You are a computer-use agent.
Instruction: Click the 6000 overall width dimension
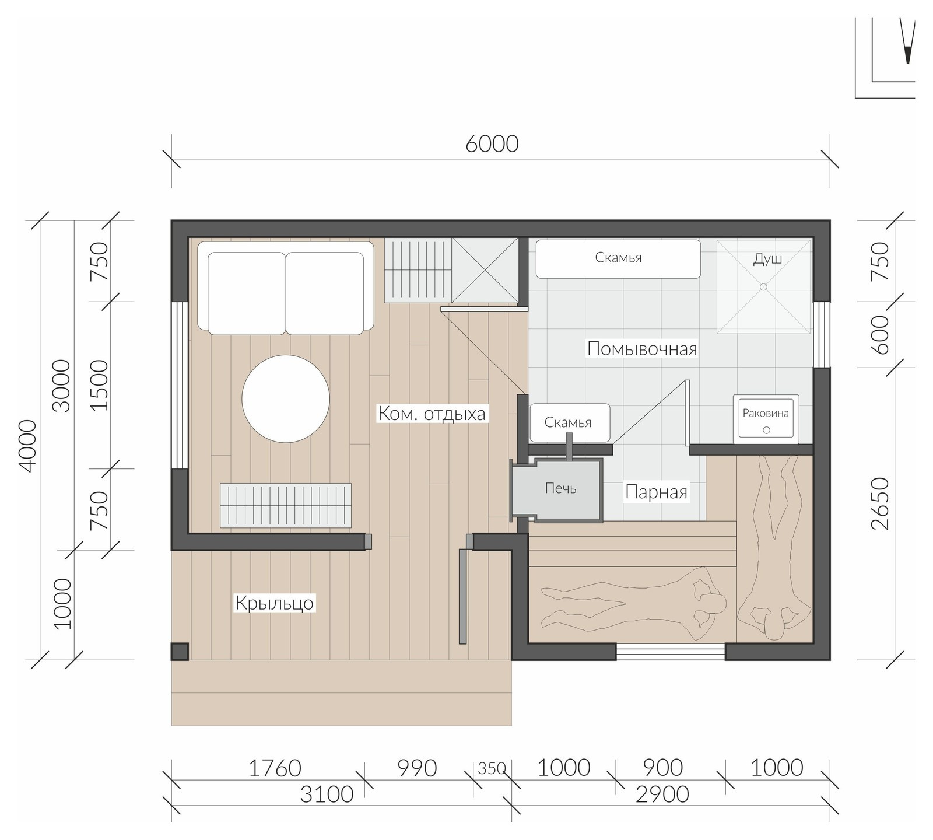tap(492, 143)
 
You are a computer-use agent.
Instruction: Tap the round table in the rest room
tap(286, 399)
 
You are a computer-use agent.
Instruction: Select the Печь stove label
tap(560, 488)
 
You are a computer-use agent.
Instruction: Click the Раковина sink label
tap(766, 413)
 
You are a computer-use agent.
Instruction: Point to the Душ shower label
tap(767, 258)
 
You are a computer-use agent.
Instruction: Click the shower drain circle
tap(763, 286)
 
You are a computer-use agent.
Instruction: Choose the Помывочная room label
tap(642, 349)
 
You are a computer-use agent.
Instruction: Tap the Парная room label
tap(657, 492)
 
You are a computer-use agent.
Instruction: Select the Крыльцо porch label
tap(274, 603)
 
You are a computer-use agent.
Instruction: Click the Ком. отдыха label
tap(432, 414)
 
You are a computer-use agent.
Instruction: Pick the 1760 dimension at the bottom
tap(275, 768)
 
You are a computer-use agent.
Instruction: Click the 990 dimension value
tap(417, 768)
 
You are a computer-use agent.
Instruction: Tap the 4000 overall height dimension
tap(27, 446)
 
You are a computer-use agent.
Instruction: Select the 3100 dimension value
tap(327, 794)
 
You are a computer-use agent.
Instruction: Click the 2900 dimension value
tap(662, 794)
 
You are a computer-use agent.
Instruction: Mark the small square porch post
tap(180, 652)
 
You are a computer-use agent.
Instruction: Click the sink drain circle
tap(767, 430)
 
